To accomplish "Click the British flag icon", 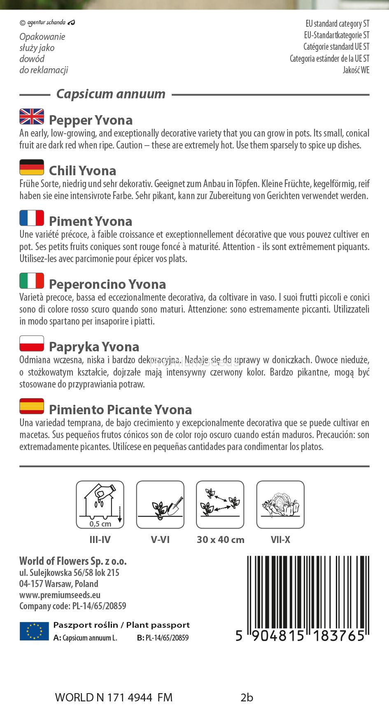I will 32,117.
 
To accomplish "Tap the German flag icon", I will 32,167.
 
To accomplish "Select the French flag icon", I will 32,218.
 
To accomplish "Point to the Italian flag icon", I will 32,281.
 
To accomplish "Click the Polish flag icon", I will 32,343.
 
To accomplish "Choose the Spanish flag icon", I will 32,406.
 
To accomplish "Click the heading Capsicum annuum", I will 111,94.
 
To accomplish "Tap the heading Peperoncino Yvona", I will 107,284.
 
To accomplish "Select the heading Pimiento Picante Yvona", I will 120,410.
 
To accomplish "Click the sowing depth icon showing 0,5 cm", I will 100,505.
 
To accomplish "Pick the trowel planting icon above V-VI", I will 160,505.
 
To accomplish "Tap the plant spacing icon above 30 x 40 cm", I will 220,505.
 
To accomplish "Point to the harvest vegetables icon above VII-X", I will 280,505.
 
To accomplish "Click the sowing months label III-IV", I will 100,540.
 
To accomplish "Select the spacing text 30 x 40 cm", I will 221,540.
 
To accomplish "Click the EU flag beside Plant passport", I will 34,631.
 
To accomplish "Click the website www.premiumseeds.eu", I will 60,595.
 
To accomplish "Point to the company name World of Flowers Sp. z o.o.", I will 73,561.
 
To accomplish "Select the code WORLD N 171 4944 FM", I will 114,698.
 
